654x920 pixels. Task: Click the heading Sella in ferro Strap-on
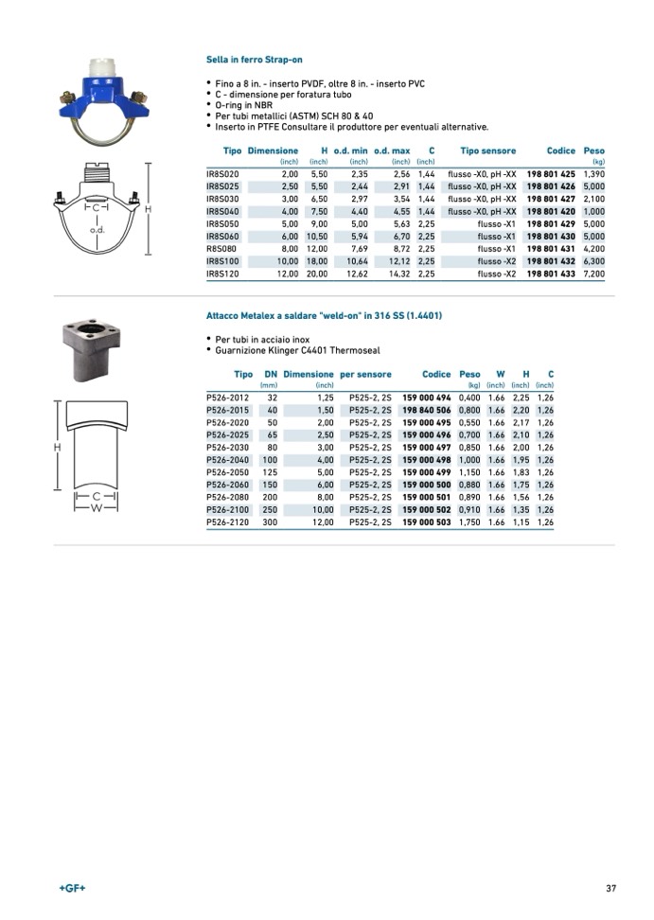click(x=254, y=60)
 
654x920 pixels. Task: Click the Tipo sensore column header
click(x=487, y=151)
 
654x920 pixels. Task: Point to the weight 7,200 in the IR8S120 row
click(x=593, y=274)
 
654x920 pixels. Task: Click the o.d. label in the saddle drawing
click(x=96, y=230)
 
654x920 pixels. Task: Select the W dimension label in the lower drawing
click(x=96, y=508)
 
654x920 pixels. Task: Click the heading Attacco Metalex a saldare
click(x=324, y=315)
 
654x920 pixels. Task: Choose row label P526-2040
click(x=228, y=460)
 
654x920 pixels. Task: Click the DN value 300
click(x=270, y=522)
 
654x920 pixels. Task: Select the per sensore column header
click(x=365, y=375)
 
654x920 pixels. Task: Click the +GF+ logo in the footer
click(x=72, y=888)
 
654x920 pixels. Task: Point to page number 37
click(x=611, y=888)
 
